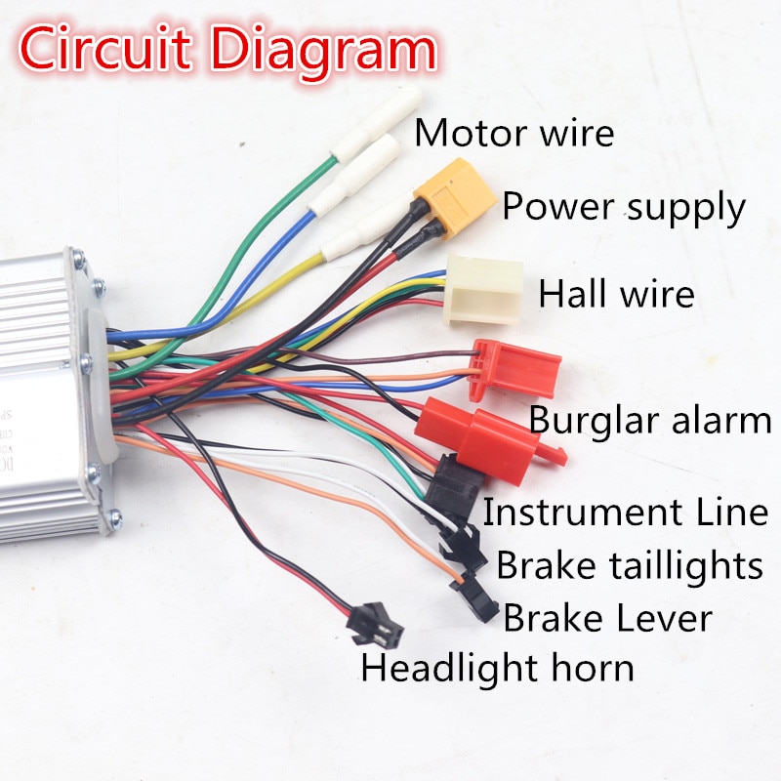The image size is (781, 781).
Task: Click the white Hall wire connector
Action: (484, 289)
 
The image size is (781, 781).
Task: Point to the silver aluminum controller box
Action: (49, 390)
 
